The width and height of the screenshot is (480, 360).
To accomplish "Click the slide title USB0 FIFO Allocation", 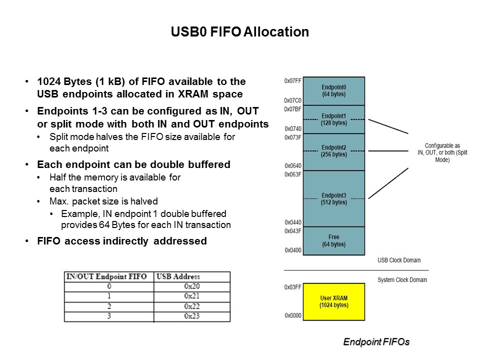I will pos(239,32).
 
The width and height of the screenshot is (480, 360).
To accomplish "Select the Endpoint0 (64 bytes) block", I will pos(334,90).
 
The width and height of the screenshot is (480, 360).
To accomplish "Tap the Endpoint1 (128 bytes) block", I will pos(334,119).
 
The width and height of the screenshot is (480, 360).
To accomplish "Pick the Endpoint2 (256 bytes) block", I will pos(334,151).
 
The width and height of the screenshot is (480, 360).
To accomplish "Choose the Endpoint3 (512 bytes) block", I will pos(334,198).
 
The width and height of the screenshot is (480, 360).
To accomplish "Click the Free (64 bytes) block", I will pos(334,240).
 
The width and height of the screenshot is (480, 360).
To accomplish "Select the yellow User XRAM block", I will pos(334,301).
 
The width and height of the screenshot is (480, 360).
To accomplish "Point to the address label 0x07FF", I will pos(292,80).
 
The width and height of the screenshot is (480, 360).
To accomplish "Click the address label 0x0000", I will pos(292,315).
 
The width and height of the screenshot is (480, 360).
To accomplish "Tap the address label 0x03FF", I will pos(292,287).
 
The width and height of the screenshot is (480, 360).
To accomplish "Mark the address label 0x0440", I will pos(292,222).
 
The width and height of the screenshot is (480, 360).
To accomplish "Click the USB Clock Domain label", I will pos(399,260).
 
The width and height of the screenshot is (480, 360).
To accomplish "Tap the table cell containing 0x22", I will pos(192,306).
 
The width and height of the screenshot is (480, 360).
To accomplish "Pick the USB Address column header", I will pos(178,276).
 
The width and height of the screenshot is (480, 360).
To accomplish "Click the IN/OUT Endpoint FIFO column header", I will pos(106,276).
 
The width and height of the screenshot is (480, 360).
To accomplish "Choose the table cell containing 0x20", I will pos(192,286).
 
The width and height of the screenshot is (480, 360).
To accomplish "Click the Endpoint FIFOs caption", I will pos(376,342).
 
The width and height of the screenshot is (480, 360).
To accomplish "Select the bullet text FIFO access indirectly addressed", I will pos(122,241).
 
